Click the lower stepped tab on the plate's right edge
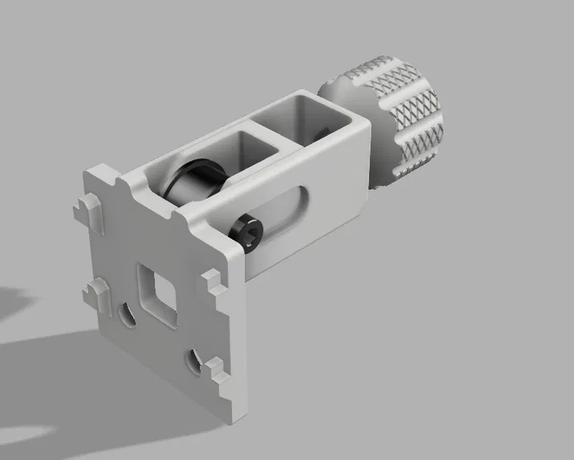pyautogui.click(x=218, y=369)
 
